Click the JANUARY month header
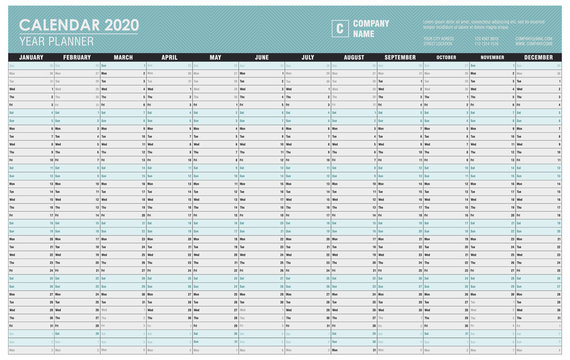[x=31, y=58]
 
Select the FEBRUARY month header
[x=77, y=58]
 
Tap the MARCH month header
[x=123, y=58]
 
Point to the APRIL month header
[x=169, y=58]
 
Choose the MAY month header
[x=215, y=58]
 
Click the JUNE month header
[x=261, y=58]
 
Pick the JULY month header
[x=307, y=58]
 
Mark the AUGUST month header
[x=354, y=58]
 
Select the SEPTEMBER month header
[x=400, y=58]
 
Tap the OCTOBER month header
[x=446, y=58]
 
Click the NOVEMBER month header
[x=492, y=58]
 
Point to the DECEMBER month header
[x=538, y=58]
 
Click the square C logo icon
[x=340, y=27]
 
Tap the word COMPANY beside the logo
[x=372, y=23]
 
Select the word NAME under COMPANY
[x=363, y=34]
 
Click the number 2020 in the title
[x=120, y=24]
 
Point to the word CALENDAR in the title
[x=58, y=24]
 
